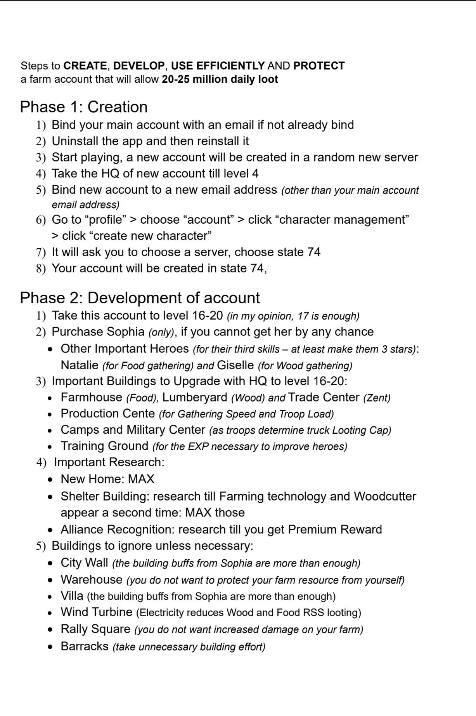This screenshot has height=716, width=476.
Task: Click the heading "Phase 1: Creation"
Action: [x=83, y=107]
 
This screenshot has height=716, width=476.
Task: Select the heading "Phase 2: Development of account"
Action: [x=140, y=298]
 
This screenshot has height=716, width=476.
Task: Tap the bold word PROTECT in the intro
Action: [x=319, y=66]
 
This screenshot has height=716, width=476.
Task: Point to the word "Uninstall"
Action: [x=75, y=141]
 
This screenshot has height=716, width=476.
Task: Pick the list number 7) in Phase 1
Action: [x=41, y=252]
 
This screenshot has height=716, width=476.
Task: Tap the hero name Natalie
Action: [x=80, y=365]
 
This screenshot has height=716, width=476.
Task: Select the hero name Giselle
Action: [x=235, y=365]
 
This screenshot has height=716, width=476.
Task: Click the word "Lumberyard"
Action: [x=194, y=398]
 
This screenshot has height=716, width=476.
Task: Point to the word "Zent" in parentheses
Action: [x=377, y=398]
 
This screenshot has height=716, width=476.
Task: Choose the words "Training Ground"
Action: [x=104, y=446]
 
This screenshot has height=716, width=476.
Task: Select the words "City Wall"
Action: [x=84, y=563]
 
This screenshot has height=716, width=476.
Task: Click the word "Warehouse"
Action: [x=92, y=580]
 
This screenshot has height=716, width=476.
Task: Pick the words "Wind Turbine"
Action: [x=97, y=612]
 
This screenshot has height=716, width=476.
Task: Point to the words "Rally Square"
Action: [x=95, y=629]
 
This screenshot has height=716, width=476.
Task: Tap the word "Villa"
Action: [x=72, y=596]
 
